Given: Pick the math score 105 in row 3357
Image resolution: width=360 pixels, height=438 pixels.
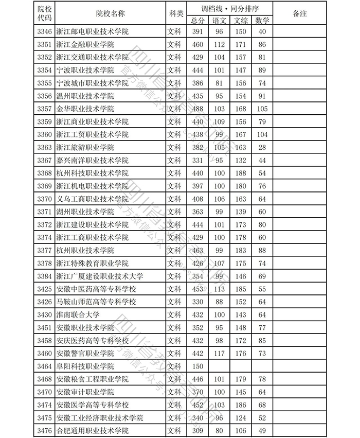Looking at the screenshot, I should (262, 109).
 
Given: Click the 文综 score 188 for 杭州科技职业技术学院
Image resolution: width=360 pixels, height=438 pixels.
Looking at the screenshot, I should (240, 173).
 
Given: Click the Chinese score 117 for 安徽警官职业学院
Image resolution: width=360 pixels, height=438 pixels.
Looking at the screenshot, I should (220, 354).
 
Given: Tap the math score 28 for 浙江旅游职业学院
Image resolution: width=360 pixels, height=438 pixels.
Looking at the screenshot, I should (262, 148).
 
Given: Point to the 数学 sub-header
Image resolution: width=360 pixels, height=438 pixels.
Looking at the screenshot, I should (262, 20).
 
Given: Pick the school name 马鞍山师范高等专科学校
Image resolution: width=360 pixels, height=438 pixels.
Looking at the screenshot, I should (96, 302).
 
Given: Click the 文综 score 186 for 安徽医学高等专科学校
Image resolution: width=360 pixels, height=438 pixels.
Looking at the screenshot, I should (240, 405).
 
